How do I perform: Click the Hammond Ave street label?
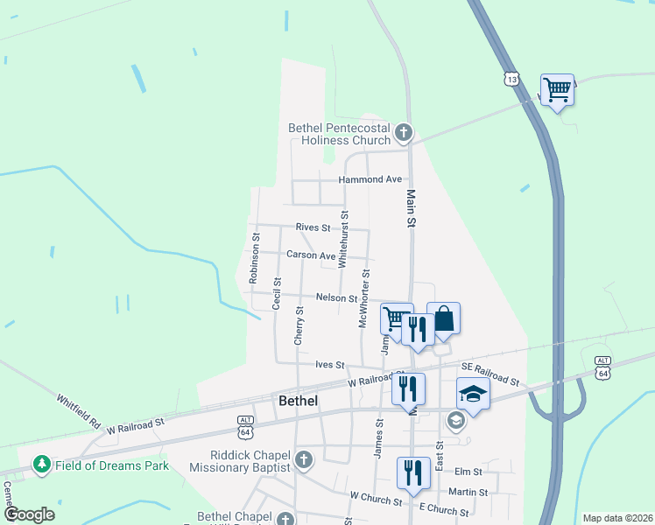point(370,179)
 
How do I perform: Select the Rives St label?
point(313,227)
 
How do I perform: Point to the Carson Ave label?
point(311,255)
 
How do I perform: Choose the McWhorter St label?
point(365,298)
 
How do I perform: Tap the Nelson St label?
point(337,298)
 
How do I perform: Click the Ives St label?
point(330,365)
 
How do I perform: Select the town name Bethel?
point(298,401)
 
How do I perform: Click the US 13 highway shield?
point(511,80)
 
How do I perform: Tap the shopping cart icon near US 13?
point(557,88)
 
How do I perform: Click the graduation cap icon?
point(473,394)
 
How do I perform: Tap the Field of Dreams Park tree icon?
point(40,465)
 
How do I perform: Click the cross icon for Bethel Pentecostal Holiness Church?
point(403,134)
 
